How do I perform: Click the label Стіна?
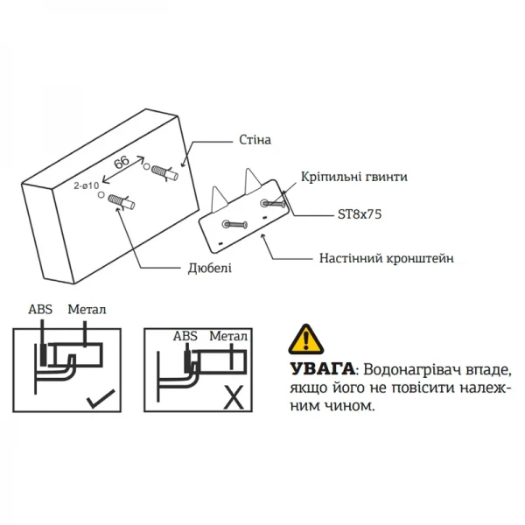click(x=254, y=140)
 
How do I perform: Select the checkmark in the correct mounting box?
click(x=101, y=402)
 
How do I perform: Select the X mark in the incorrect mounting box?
click(x=234, y=400)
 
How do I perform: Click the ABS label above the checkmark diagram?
click(x=40, y=310)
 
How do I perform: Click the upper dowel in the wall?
click(x=164, y=171)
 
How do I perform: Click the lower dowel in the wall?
click(x=123, y=204)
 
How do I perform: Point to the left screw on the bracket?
click(x=235, y=224)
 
